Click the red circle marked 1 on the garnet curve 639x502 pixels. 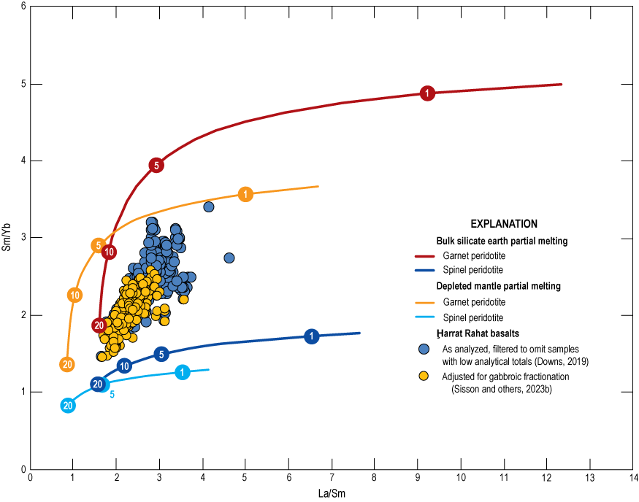pyautogui.click(x=427, y=93)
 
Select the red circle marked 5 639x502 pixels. pyautogui.click(x=156, y=165)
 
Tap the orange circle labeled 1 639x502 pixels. pyautogui.click(x=245, y=194)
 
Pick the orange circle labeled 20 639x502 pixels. pyautogui.click(x=67, y=364)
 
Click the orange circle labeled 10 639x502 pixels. pyautogui.click(x=74, y=295)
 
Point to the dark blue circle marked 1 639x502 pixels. pyautogui.click(x=312, y=336)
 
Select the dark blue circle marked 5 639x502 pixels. pyautogui.click(x=161, y=354)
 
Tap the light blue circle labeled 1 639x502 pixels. pyautogui.click(x=183, y=372)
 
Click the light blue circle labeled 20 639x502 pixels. pyautogui.click(x=68, y=406)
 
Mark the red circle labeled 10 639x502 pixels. pyautogui.click(x=109, y=252)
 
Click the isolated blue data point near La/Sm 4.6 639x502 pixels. pyautogui.click(x=229, y=258)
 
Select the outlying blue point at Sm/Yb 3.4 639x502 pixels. pyautogui.click(x=209, y=206)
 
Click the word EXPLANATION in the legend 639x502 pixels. pyautogui.click(x=504, y=224)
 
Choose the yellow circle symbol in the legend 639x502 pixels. pyautogui.click(x=423, y=376)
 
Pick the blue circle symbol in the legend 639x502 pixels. pyautogui.click(x=423, y=347)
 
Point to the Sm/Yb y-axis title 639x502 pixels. pyautogui.click(x=7, y=237)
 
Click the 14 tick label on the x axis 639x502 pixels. pyautogui.click(x=632, y=479)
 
